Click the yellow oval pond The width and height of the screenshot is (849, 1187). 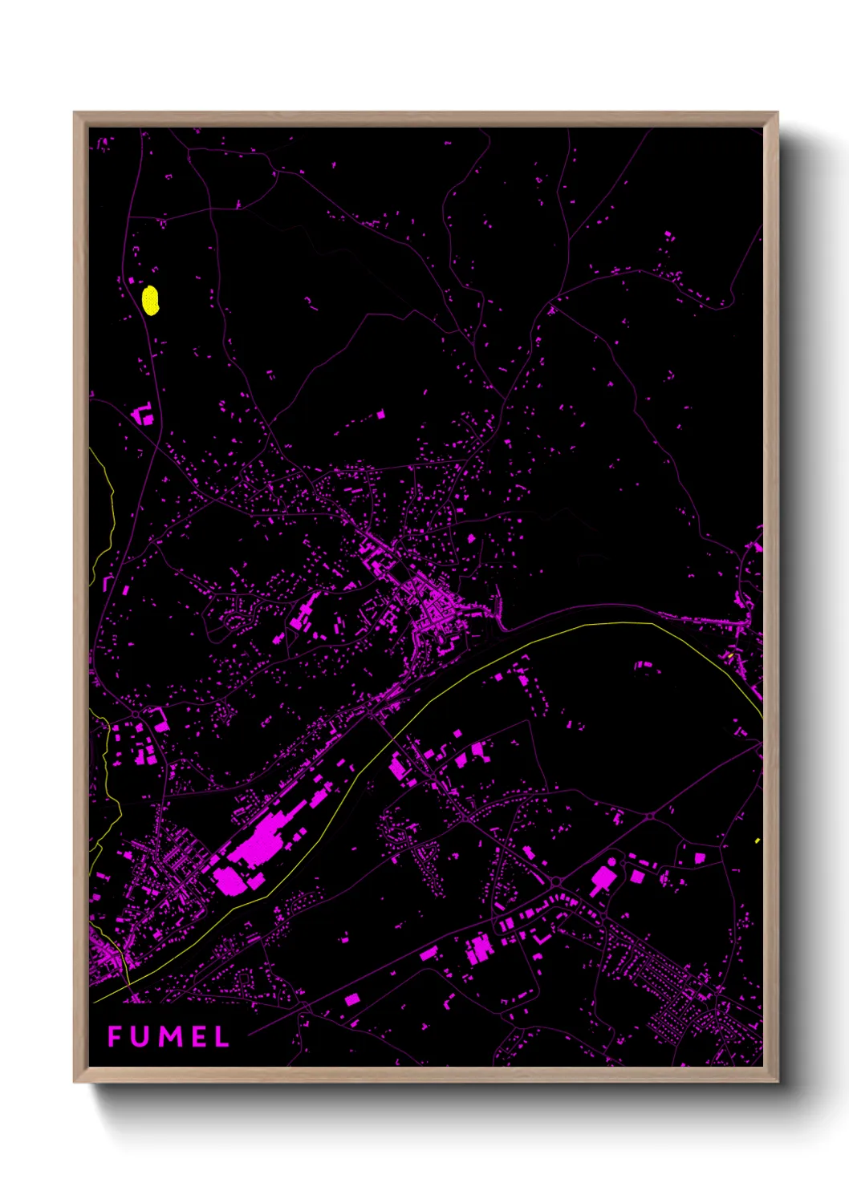click(x=150, y=301)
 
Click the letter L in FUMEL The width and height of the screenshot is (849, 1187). click(x=221, y=1036)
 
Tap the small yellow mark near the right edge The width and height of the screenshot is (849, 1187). click(x=758, y=841)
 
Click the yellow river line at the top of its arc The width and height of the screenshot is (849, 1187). click(x=610, y=624)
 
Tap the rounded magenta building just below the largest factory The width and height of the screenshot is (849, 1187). click(x=229, y=880)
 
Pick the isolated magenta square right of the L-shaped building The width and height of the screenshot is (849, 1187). click(x=380, y=415)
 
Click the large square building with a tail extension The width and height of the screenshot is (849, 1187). click(x=601, y=877)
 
